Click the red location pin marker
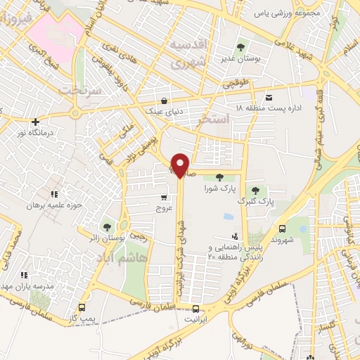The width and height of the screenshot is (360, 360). tap(181, 165)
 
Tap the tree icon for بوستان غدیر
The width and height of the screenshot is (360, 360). tap(241, 48)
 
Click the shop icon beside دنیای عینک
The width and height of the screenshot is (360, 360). tap(164, 101)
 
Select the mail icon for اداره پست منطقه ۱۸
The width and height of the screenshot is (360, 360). tap(269, 97)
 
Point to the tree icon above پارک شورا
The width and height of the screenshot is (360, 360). tap(219, 177)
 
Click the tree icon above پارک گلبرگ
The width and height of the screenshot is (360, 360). tap(255, 190)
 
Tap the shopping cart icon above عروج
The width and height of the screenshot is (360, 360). tap(164, 198)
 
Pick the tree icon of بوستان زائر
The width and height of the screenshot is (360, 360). tap(107, 226)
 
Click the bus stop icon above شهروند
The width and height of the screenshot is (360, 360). tap(282, 229)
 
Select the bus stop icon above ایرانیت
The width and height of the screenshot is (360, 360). tap(195, 308)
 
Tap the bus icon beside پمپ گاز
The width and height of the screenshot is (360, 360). tap(82, 307)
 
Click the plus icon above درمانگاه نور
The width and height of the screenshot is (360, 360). tap(34, 121)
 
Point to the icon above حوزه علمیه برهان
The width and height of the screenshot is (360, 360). tap(53, 193)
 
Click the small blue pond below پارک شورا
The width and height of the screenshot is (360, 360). tap(227, 217)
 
